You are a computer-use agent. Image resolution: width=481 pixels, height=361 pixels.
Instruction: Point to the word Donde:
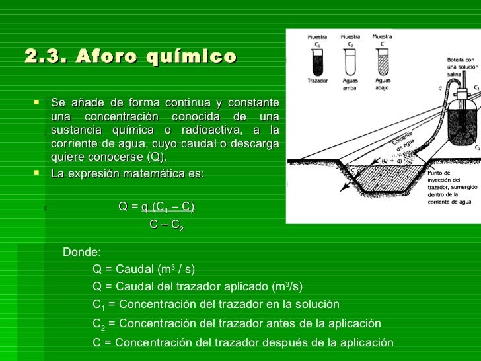tap(81, 252)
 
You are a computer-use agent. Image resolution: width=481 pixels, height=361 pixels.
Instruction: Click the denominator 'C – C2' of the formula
tap(166, 225)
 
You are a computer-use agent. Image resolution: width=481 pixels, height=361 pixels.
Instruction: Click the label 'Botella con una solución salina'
tap(462, 66)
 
